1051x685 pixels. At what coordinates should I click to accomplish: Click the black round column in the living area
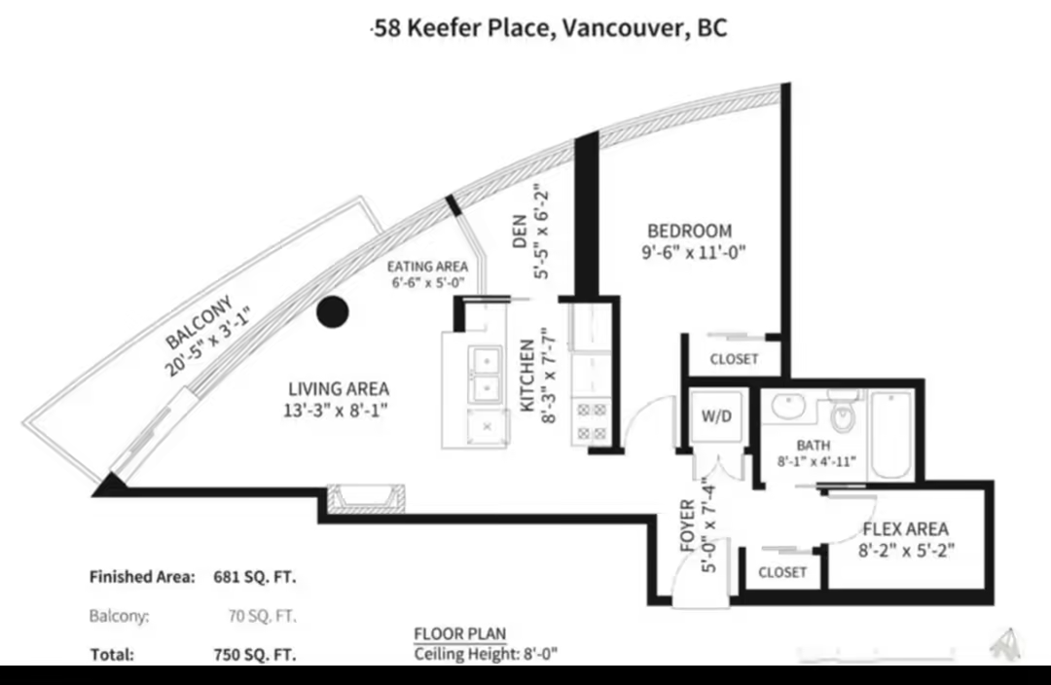(x=333, y=311)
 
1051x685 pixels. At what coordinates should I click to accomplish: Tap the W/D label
(x=716, y=416)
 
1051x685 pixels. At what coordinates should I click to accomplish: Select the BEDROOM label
(x=690, y=232)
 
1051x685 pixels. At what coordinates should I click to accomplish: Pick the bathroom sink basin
(x=788, y=407)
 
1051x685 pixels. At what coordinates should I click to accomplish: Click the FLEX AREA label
(x=906, y=528)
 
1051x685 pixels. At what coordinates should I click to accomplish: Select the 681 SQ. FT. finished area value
(x=255, y=577)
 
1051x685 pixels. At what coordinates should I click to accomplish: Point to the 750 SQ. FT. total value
(x=255, y=654)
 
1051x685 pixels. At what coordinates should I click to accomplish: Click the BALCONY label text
(x=199, y=322)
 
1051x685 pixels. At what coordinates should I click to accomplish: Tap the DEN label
(x=520, y=232)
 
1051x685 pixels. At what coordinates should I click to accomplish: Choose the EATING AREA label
(x=427, y=267)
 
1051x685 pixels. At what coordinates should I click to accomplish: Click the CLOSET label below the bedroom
(x=734, y=359)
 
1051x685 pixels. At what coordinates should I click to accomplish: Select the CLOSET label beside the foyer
(x=782, y=572)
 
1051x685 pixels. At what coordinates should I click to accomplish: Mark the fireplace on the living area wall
(x=365, y=498)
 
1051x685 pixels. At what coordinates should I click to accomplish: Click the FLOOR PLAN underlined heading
(x=459, y=634)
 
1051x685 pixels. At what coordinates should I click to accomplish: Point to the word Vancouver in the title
(x=619, y=28)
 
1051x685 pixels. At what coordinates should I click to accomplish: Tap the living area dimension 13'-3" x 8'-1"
(x=336, y=411)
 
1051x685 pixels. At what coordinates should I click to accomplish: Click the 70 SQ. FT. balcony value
(x=262, y=615)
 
